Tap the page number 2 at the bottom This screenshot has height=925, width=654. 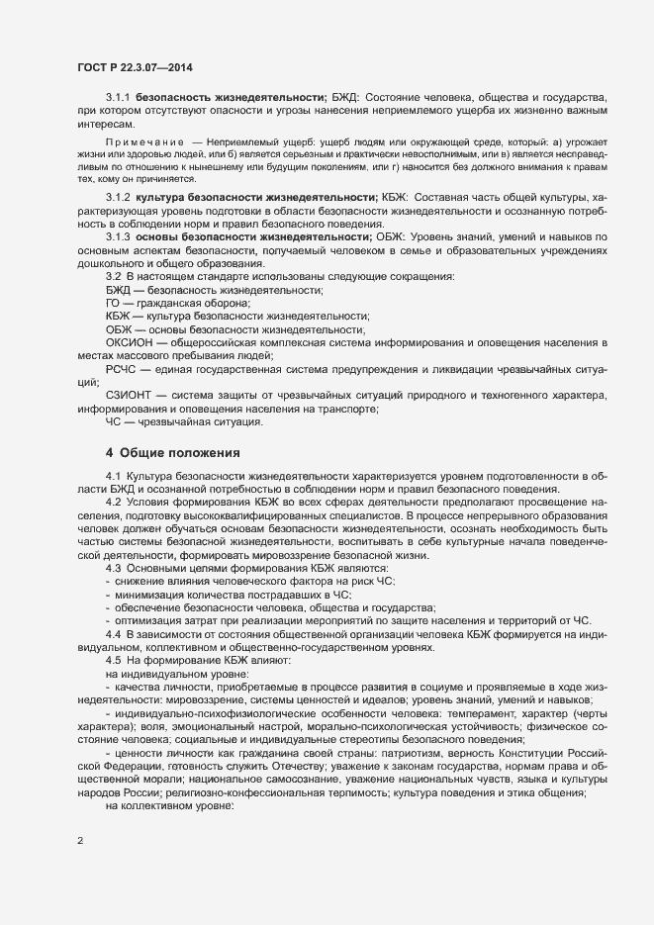coord(80,842)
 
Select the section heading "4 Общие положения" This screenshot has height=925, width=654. coord(172,453)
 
